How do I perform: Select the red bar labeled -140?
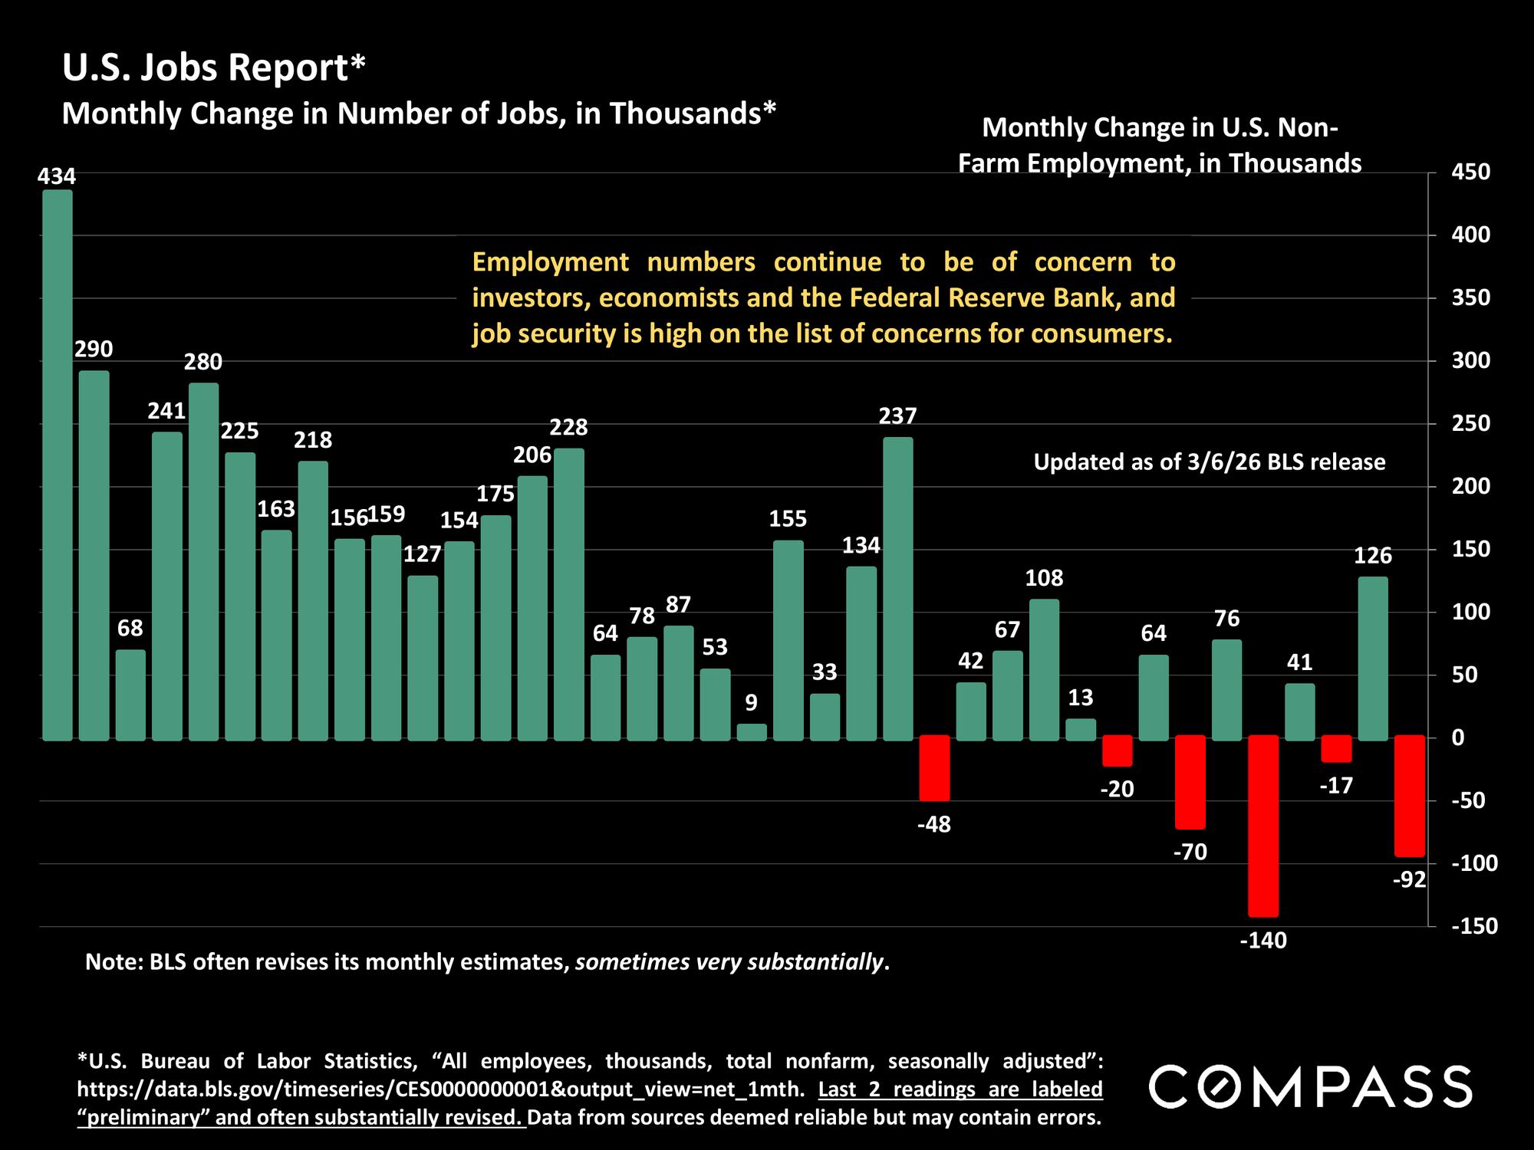point(1263,826)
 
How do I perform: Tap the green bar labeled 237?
point(898,588)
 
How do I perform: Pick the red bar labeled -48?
point(934,768)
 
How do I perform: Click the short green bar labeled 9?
point(752,732)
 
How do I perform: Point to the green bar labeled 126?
point(1373,658)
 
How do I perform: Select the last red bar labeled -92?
point(1410,796)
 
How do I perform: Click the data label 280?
point(203,362)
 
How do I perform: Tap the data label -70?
point(1190,852)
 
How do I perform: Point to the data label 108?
point(1044,578)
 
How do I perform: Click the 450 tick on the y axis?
point(1471,172)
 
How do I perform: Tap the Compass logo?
point(1310,1086)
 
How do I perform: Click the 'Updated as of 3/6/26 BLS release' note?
point(1210,462)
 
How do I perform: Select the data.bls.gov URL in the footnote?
point(441,1089)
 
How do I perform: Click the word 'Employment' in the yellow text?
point(550,262)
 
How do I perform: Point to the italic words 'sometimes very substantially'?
point(729,962)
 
